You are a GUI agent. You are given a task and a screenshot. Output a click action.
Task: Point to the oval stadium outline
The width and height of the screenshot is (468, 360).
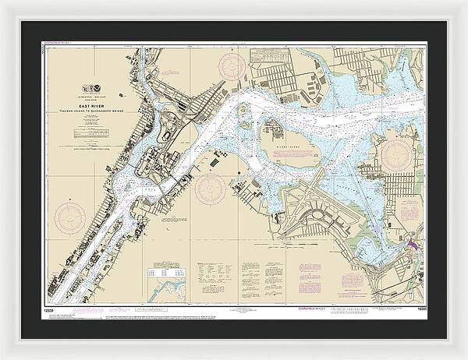pyautogui.click(x=166, y=133)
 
